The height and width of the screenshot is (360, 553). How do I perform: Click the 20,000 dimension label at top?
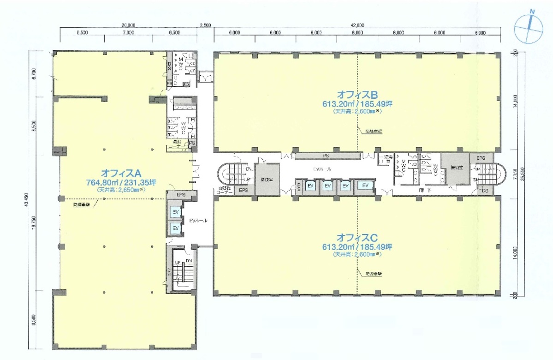pyautogui.click(x=128, y=26)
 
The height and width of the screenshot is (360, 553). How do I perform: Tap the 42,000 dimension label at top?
pyautogui.click(x=357, y=26)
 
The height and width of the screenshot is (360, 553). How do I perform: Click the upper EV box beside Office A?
pyautogui.click(x=175, y=212)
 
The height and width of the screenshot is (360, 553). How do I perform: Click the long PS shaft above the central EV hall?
pyautogui.click(x=325, y=156)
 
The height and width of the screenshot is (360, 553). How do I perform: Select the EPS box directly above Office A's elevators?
pyautogui.click(x=181, y=195)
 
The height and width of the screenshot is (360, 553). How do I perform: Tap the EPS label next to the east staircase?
pyautogui.click(x=481, y=157)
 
